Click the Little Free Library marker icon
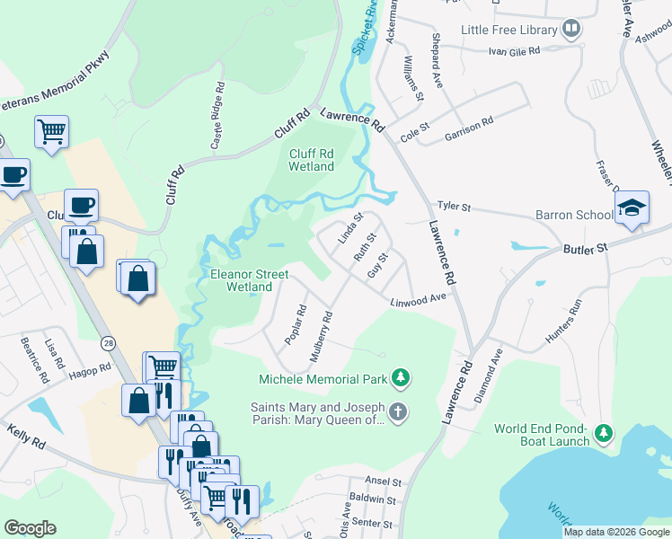point(570,30)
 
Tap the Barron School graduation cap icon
point(632,209)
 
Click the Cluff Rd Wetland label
point(312,160)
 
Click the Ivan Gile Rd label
point(513,51)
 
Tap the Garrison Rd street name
point(469,130)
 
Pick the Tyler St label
point(454,207)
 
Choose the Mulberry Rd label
point(322,337)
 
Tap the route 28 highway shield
point(108,343)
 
